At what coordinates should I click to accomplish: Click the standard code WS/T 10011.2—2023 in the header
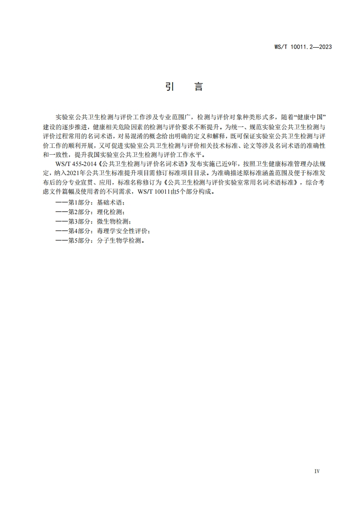click(x=303, y=46)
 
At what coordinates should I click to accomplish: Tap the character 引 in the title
click(x=169, y=87)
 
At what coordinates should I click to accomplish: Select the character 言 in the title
click(x=198, y=87)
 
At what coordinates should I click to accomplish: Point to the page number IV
click(x=317, y=471)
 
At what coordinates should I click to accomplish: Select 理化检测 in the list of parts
click(x=107, y=211)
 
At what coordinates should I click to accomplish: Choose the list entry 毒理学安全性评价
click(x=120, y=230)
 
